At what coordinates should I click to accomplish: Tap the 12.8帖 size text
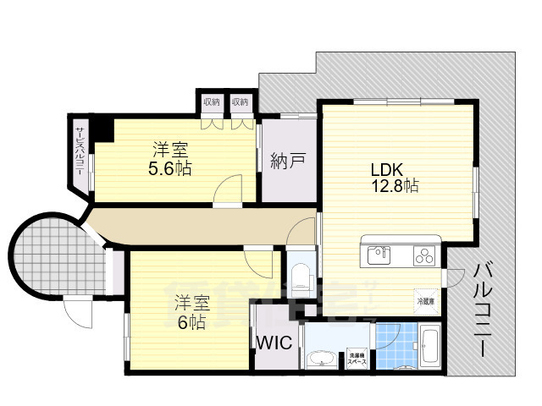tap(392, 185)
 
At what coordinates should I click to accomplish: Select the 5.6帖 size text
tap(170, 167)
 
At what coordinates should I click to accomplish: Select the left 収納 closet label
tap(211, 102)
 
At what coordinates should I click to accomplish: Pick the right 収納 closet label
tap(241, 102)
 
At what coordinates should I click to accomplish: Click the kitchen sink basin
tap(379, 253)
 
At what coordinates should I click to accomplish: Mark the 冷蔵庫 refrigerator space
tap(425, 299)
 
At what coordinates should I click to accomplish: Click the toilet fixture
tap(299, 272)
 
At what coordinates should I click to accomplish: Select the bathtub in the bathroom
tap(428, 348)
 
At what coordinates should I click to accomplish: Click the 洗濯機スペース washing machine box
tap(357, 358)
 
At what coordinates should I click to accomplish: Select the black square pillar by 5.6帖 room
tap(103, 129)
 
